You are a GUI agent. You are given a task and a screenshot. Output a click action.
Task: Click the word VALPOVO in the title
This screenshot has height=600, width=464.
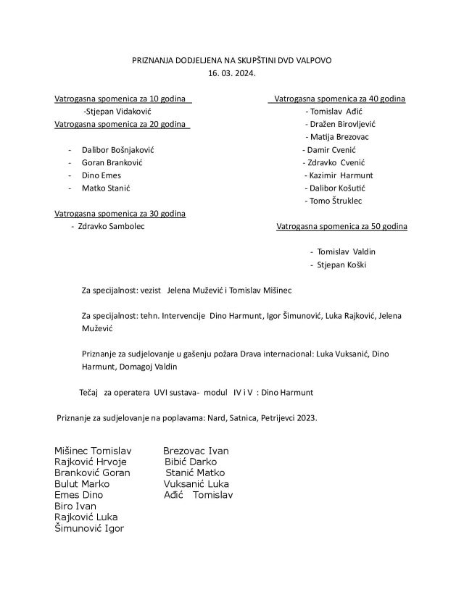pos(312,60)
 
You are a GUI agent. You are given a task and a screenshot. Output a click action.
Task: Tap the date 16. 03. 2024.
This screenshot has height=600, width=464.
pos(232,74)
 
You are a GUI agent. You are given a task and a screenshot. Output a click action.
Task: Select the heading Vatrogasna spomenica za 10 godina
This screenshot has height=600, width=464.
pos(121,99)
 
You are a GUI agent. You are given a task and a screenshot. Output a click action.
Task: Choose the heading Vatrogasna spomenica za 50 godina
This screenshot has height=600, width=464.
pos(341,227)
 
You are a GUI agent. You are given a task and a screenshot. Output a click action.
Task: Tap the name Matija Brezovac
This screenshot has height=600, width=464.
pos(339,137)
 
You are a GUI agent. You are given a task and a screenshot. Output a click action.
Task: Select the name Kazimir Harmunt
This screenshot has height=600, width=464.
pos(340,175)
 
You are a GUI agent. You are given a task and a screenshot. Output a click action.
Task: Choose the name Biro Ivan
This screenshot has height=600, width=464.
pos(75,506)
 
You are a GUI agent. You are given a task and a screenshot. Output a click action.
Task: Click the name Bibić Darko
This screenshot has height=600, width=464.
pos(191,461)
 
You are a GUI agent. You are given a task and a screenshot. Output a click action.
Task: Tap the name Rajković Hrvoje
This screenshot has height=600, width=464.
pos(91,461)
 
